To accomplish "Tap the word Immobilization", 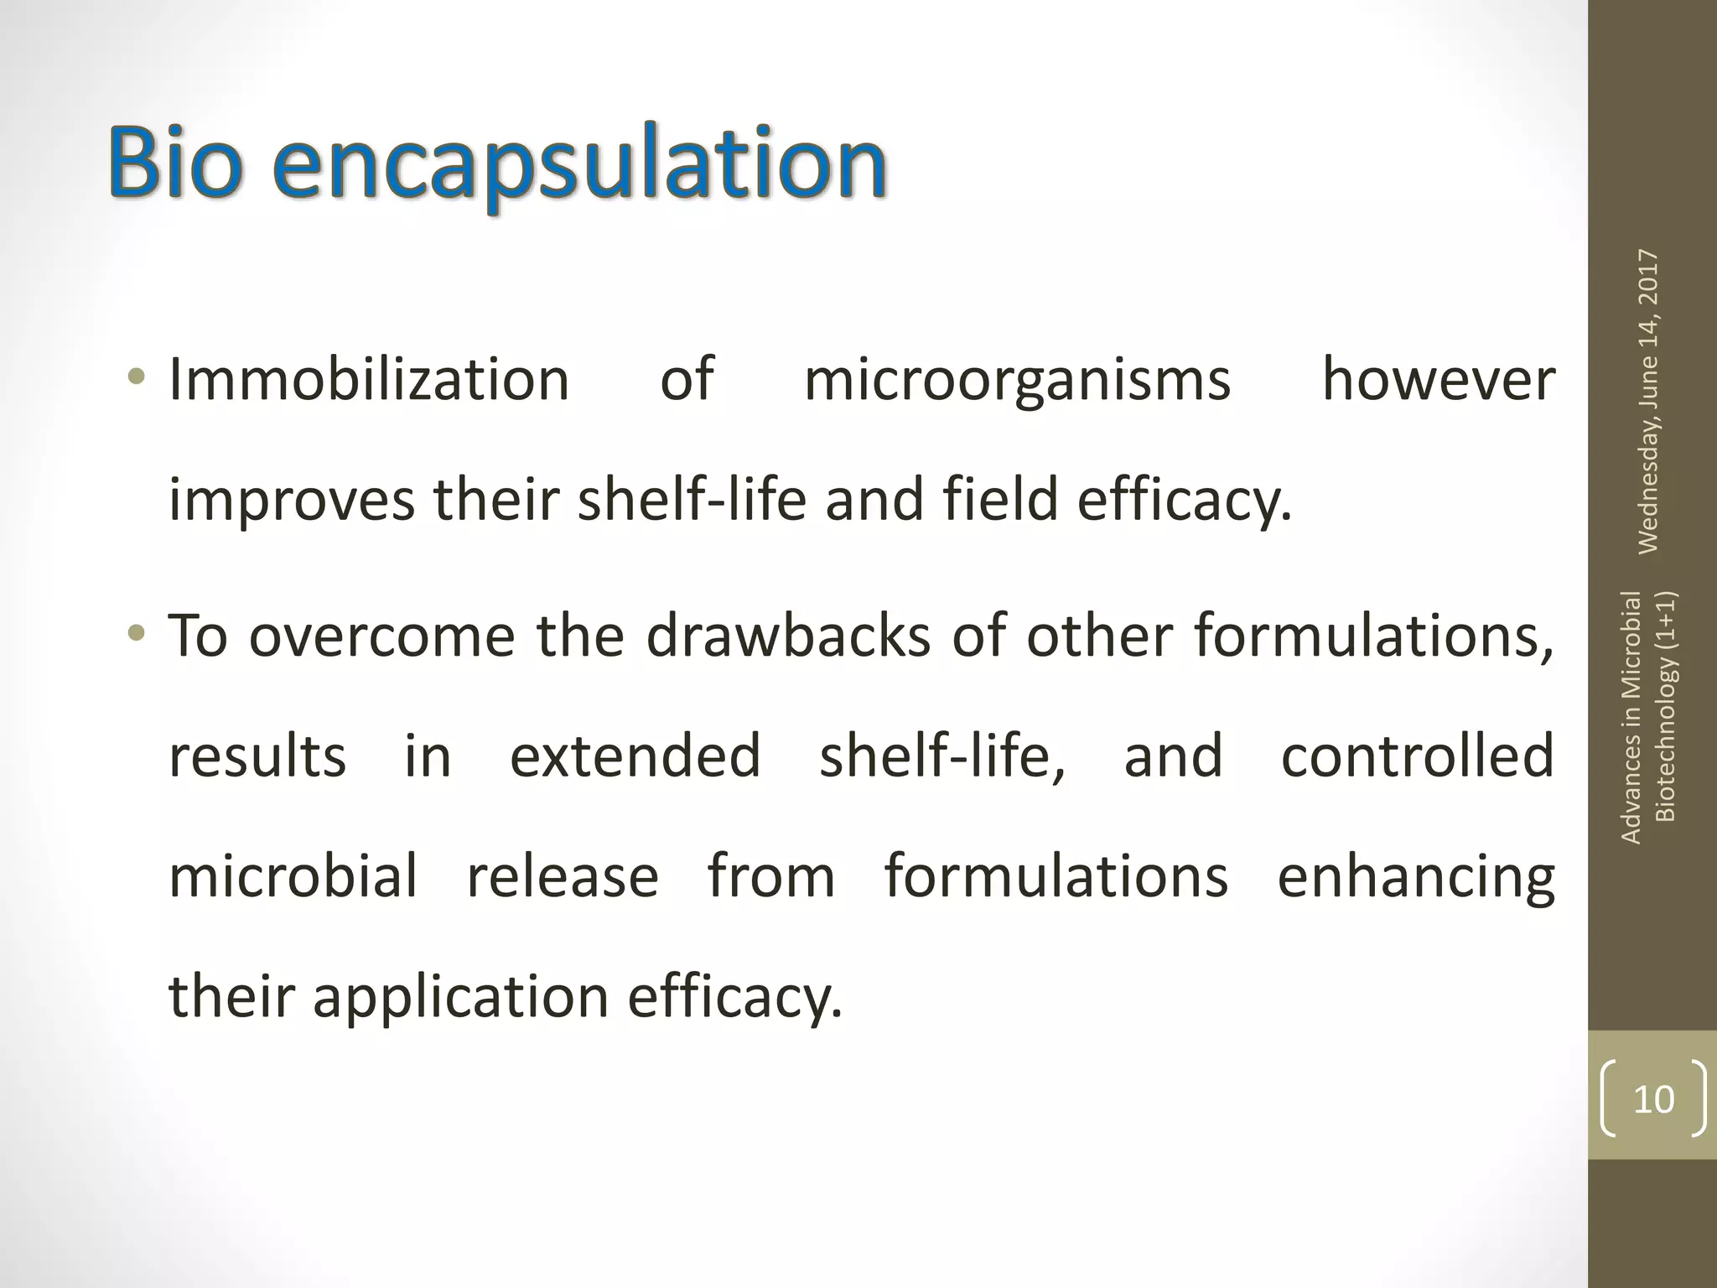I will (369, 380).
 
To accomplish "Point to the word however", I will (1438, 380).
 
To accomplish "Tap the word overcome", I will (381, 636).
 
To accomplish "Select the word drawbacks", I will (788, 635).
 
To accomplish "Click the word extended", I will (635, 756).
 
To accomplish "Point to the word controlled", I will (1418, 756).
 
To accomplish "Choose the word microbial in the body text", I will (293, 876).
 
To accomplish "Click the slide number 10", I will (1653, 1099).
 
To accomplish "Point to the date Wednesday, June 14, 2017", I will (1648, 401).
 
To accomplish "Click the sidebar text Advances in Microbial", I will (1631, 717).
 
